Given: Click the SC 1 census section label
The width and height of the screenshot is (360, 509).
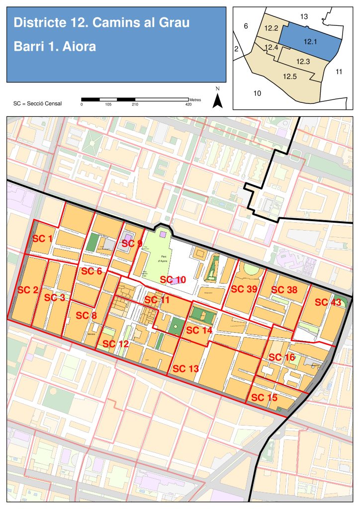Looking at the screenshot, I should pos(43,239).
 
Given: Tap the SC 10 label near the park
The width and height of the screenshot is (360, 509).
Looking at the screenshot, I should pos(172,280).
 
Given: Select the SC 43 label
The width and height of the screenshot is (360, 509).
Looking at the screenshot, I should pos(328,302).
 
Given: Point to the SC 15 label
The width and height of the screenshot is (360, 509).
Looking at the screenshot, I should pos(264,398).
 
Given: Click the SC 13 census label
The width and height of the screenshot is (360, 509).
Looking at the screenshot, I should pos(185,368).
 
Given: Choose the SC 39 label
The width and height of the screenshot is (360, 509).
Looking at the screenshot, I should pos(244,289).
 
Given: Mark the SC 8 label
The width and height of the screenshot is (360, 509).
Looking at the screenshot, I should pos(87,316).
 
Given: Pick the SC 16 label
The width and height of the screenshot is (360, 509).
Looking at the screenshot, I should pos(282,357).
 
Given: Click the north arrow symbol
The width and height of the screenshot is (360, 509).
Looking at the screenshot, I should pos(217,100).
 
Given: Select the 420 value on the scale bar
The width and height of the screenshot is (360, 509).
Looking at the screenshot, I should pos(188,104).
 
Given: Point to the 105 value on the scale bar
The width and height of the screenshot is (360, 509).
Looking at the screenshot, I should pos(108,104).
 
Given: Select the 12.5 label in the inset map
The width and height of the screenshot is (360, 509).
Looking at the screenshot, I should pos(290,77).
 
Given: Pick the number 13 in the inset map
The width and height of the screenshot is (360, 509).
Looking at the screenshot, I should pos(304,17).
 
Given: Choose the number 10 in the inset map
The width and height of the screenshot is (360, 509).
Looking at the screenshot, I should pos(257,93).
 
